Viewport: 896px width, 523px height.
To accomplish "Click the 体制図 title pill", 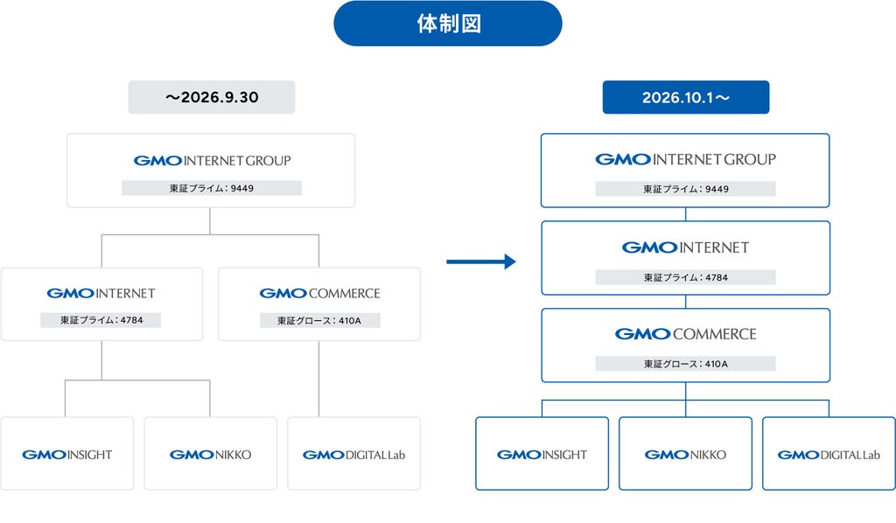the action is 448,24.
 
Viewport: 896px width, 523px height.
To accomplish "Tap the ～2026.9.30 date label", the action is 212,97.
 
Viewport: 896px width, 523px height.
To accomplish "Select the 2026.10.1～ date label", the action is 686,97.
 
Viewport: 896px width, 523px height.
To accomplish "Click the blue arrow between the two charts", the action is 481,261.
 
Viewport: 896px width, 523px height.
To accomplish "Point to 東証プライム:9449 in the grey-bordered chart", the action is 212,188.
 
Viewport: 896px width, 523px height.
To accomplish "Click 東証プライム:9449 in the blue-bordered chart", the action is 686,189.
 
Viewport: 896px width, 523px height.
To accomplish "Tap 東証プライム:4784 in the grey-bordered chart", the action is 101,320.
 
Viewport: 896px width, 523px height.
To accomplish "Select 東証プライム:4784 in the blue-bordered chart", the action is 686,277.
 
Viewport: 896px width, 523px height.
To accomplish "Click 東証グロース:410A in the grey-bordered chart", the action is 319,321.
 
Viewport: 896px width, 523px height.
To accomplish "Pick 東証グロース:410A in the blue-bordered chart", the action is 686,364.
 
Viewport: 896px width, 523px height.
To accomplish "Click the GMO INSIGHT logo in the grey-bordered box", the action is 66,455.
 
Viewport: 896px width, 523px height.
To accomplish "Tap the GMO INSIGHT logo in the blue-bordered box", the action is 542,455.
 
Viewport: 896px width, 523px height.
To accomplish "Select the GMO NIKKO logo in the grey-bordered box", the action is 210,455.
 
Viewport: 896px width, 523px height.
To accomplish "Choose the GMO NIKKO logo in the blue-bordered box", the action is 685,455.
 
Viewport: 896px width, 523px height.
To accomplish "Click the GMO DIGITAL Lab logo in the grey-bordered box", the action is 353,455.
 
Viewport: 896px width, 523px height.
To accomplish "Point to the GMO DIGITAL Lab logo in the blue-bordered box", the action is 829,455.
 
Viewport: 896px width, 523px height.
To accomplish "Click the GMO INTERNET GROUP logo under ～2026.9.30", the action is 212,160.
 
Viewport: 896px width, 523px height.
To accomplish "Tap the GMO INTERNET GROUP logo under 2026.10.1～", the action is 686,159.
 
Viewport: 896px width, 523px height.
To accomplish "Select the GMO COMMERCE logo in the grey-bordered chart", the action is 319,294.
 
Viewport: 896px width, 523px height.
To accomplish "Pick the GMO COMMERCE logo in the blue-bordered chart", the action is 686,334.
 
